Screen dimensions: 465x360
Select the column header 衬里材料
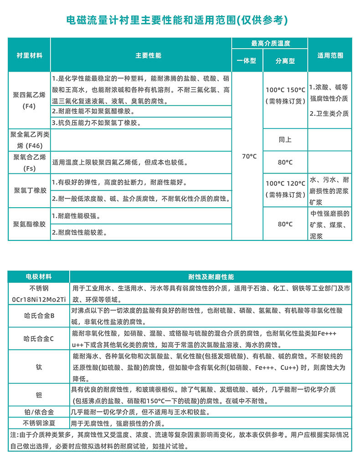pyautogui.click(x=29, y=55)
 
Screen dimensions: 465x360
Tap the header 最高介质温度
pyautogui.click(x=270, y=44)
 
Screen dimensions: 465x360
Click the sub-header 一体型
pyautogui.click(x=247, y=61)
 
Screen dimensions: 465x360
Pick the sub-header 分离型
pyautogui.click(x=285, y=61)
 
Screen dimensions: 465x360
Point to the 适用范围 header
pyautogui.click(x=330, y=55)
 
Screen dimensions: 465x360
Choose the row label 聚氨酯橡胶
pyautogui.click(x=29, y=224)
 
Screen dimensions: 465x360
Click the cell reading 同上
pyautogui.click(x=285, y=139)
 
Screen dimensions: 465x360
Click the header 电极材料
pyautogui.click(x=39, y=276)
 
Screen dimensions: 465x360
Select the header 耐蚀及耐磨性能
pyautogui.click(x=211, y=276)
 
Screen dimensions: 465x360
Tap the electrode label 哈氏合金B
pyautogui.click(x=39, y=315)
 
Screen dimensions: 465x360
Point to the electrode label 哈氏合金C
pyautogui.click(x=39, y=338)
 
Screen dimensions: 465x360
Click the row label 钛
pyautogui.click(x=39, y=367)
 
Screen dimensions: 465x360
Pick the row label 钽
pyautogui.click(x=39, y=395)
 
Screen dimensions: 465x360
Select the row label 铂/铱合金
pyautogui.click(x=39, y=412)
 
